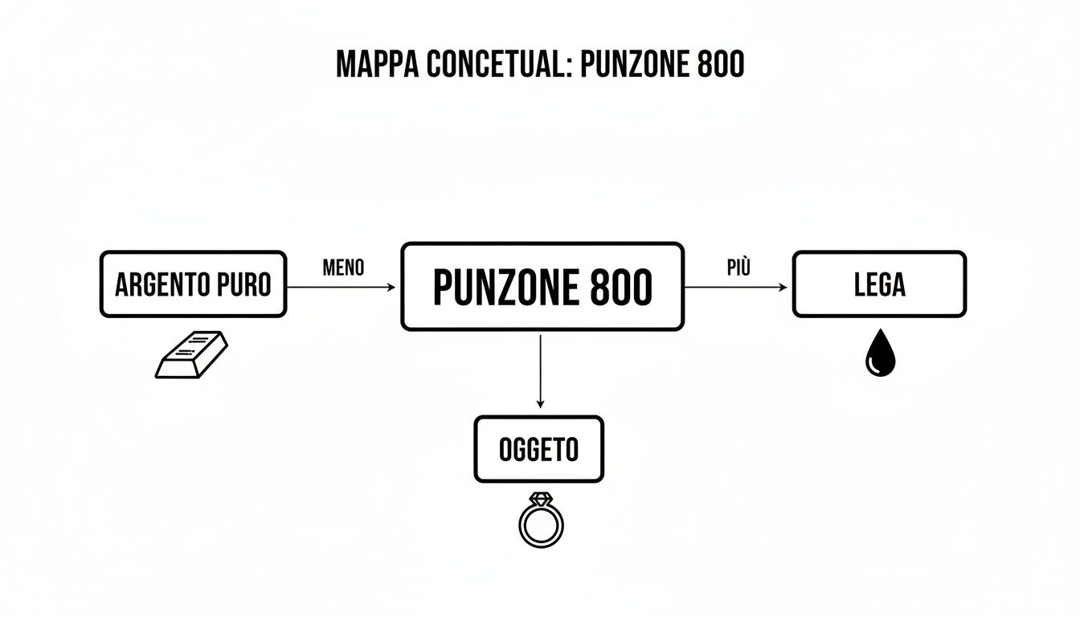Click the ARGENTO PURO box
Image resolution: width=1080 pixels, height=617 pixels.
point(193,284)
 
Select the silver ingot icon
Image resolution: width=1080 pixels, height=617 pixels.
point(191,357)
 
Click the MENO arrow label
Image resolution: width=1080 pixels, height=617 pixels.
point(343,268)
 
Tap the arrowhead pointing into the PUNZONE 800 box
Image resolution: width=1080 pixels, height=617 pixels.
point(392,287)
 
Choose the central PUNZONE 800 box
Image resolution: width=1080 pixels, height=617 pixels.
point(542,287)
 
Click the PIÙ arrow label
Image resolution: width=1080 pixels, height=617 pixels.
point(738,268)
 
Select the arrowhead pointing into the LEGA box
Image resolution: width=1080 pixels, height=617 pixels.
point(784,287)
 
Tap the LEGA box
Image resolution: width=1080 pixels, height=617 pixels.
point(879,284)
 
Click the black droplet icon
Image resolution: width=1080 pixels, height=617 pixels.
point(880,353)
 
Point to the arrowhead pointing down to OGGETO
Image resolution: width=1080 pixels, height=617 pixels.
point(540,403)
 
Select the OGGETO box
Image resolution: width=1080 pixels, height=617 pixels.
point(538,449)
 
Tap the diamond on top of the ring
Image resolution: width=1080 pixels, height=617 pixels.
point(541,499)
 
